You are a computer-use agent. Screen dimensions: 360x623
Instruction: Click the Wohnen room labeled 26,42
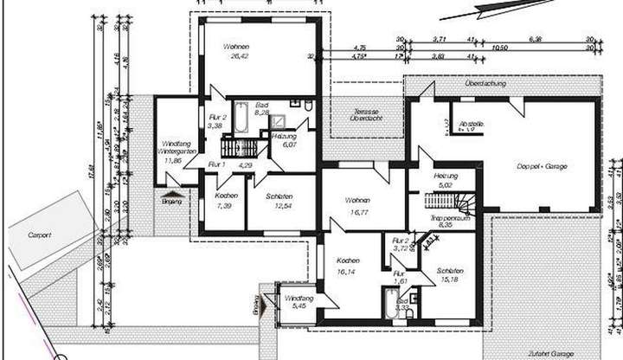(x=236, y=51)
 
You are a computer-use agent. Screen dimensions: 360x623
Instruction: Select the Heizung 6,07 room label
(x=284, y=141)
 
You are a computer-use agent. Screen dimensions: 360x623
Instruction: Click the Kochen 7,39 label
(x=225, y=201)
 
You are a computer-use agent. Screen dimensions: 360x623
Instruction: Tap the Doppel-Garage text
(x=542, y=165)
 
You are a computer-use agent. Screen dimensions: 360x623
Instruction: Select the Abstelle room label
(x=472, y=124)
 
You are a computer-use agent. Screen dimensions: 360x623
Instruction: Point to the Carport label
(x=39, y=234)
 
